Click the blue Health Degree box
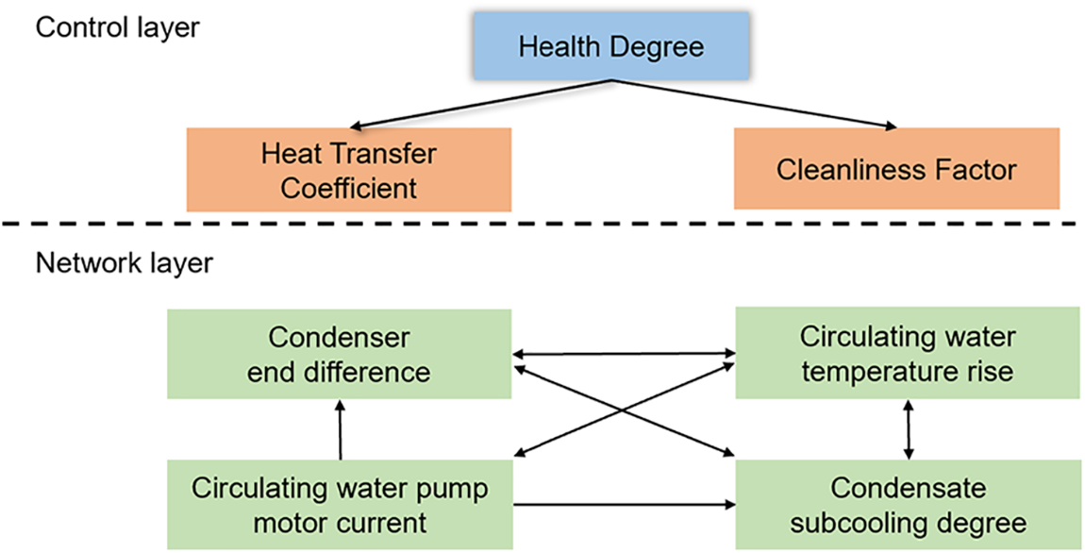612,45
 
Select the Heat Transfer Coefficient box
349,170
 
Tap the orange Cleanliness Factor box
896,170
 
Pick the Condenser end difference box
340,354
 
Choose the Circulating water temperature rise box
907,354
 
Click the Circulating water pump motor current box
340,505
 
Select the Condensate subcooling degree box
907,505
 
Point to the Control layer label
117,27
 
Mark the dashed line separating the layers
542,224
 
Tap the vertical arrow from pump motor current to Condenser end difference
340,429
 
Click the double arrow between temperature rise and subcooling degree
908,429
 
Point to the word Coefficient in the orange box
349,187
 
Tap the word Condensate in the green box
907,489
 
